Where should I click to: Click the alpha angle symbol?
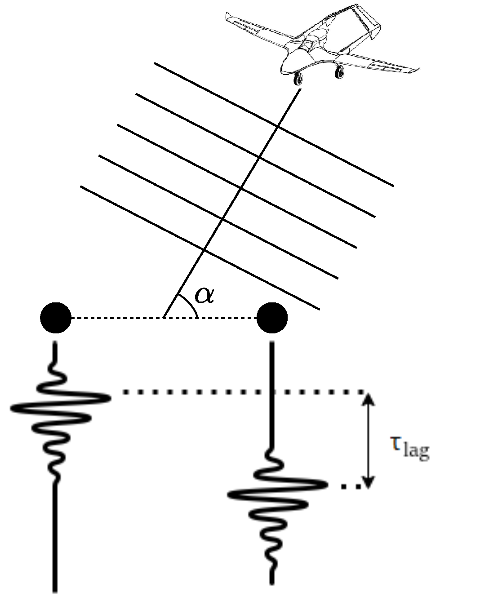[x=204, y=294]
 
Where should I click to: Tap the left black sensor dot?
[x=56, y=318]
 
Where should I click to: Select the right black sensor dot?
[x=271, y=318]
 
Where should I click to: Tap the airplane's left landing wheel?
[x=297, y=80]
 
